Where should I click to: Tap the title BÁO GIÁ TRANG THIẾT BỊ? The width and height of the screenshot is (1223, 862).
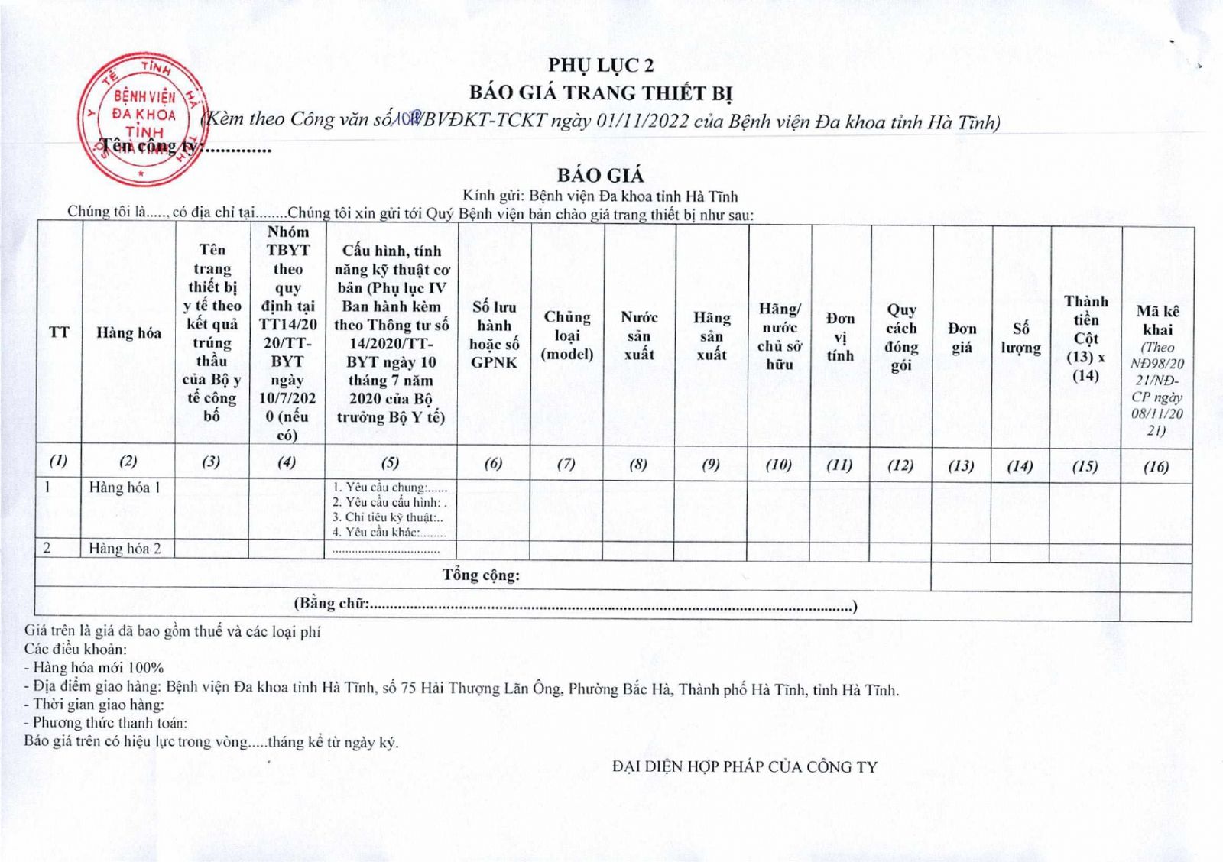click(601, 93)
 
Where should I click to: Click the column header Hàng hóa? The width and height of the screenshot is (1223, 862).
click(128, 332)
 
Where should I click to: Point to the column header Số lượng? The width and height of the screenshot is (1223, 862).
click(1020, 338)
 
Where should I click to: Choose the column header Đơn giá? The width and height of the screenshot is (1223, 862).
click(962, 338)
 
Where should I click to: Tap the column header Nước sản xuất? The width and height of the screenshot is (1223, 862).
click(639, 335)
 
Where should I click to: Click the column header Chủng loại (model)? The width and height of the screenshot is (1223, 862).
click(567, 335)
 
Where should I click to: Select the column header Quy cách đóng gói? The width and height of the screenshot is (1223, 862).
click(901, 337)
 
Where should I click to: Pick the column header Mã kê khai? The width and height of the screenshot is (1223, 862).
click(1157, 320)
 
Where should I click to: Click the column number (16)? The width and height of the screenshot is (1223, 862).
click(1156, 466)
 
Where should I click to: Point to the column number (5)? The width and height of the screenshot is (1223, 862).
click(390, 462)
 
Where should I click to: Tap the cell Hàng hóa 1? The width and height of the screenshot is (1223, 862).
click(125, 488)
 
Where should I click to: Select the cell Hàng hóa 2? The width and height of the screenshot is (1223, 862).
click(125, 548)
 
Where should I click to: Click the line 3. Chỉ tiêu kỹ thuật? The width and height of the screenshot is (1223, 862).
click(388, 517)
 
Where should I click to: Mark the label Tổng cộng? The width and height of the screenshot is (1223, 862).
click(481, 575)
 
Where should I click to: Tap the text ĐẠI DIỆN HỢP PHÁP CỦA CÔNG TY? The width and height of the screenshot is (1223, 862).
click(745, 766)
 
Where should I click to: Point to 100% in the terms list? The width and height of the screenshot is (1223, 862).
click(146, 667)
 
